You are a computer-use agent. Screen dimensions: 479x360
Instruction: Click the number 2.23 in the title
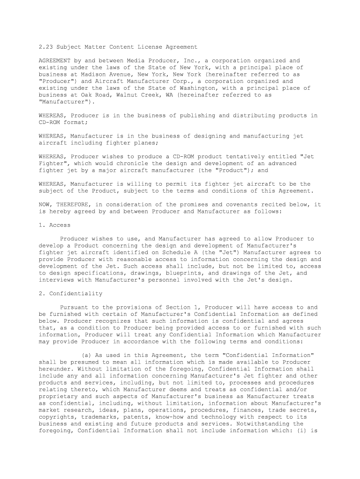[x=45, y=47]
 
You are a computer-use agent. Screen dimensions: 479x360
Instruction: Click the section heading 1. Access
[x=54, y=225]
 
